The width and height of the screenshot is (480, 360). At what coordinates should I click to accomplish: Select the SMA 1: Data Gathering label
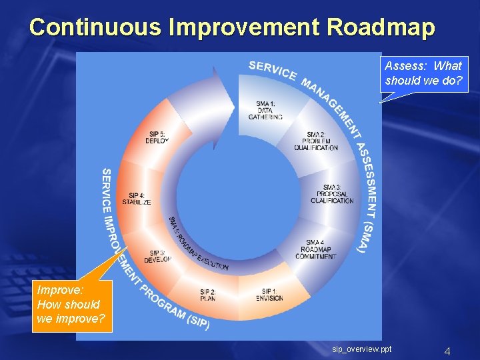[265, 110]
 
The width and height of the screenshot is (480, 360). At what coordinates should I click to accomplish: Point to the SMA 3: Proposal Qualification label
[331, 194]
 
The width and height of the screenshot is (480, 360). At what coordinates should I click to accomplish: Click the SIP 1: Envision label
[269, 295]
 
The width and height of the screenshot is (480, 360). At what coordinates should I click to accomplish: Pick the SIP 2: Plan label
[207, 295]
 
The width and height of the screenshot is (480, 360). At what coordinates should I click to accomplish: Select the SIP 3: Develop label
[157, 256]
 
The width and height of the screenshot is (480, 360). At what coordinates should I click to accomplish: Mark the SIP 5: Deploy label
[157, 137]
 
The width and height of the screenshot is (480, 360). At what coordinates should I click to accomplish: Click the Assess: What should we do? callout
[423, 74]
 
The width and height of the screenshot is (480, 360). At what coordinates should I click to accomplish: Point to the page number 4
[447, 351]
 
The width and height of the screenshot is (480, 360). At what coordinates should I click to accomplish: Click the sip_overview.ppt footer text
[362, 349]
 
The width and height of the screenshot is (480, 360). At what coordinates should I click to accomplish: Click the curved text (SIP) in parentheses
[197, 321]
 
